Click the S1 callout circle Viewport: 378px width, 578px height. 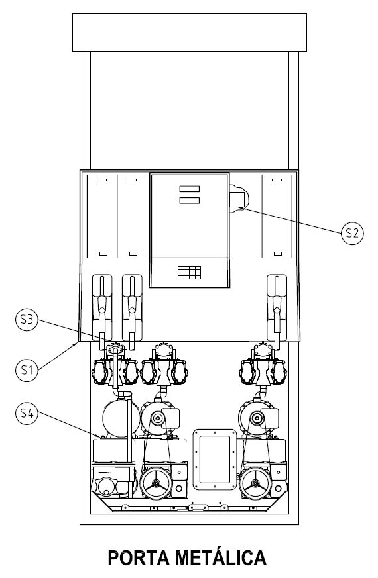coord(27,369)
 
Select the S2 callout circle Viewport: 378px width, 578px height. coord(352,233)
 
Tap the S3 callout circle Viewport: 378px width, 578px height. coord(27,320)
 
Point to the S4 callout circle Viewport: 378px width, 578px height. coord(27,413)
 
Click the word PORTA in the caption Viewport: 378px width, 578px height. coord(139,557)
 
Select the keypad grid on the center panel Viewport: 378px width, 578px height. coord(190,272)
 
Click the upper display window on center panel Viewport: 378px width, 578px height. coord(190,189)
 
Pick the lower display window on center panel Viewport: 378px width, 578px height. coord(190,201)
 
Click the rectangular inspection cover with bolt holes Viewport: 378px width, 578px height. coord(215,459)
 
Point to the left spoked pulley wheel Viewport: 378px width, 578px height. coord(157,483)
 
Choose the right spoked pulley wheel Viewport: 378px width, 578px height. coord(255,483)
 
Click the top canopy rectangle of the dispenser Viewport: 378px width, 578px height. coord(190,32)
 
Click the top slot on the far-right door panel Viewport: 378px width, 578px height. coord(277,180)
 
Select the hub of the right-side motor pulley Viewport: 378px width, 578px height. coord(256,418)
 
